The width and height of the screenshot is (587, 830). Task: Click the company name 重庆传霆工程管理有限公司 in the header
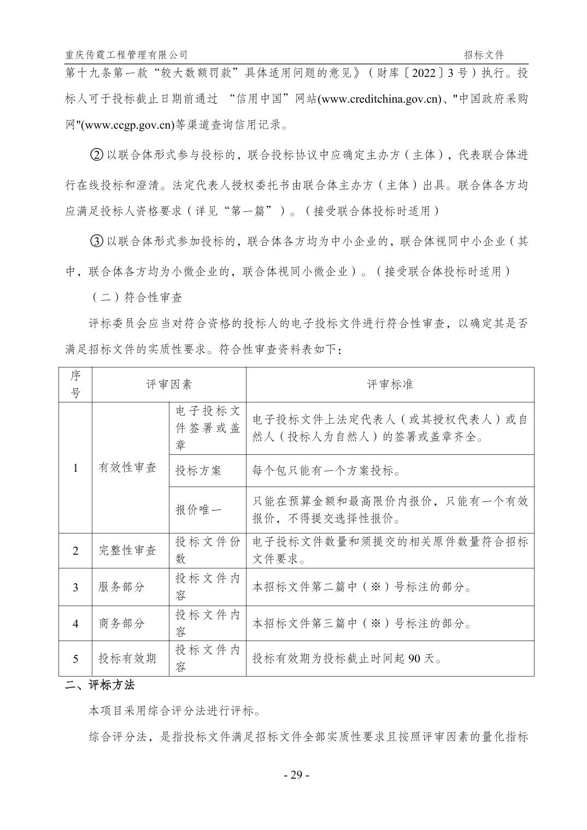tap(126, 55)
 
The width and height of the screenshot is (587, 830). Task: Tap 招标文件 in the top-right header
tap(484, 55)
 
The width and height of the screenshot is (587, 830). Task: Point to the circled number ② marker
tap(96, 155)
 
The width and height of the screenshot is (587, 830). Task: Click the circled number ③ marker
tap(96, 241)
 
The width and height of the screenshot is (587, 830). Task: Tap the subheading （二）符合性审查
tap(137, 297)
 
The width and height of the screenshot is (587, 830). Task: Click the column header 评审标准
tap(390, 384)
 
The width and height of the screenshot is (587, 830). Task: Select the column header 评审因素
tap(169, 384)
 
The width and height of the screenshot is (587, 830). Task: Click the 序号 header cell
tap(75, 384)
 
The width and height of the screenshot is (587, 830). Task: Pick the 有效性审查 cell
tap(127, 467)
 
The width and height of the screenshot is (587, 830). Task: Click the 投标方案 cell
tap(198, 470)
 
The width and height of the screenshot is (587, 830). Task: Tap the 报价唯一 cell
tap(198, 509)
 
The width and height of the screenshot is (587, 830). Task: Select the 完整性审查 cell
tap(127, 550)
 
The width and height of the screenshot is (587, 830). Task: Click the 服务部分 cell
tap(121, 587)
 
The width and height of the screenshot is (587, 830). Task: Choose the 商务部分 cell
tap(121, 623)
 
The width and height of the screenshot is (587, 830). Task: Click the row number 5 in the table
tap(75, 659)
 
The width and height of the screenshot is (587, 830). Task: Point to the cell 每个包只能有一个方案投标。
tap(326, 470)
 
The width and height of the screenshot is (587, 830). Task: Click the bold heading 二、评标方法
tap(99, 685)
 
